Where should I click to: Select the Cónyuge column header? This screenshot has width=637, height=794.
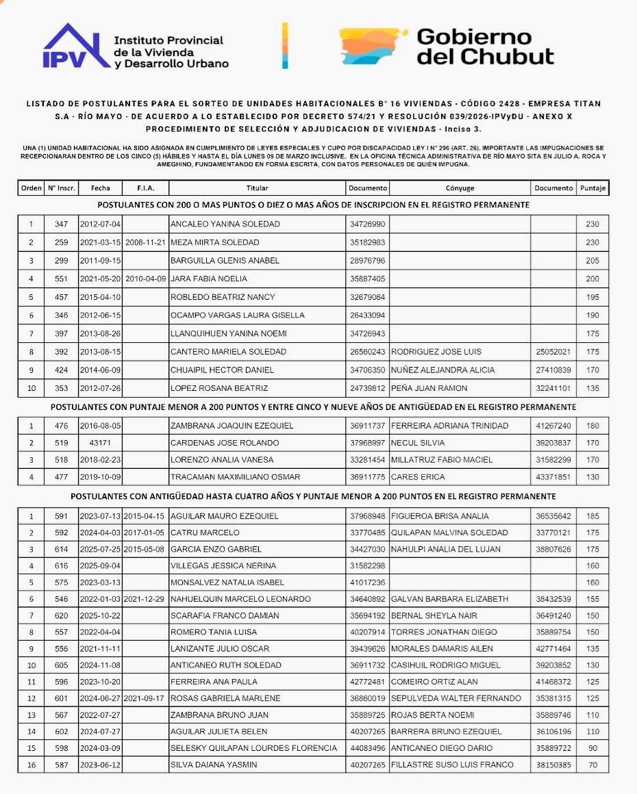[460, 188]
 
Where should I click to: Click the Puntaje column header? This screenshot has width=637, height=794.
[592, 188]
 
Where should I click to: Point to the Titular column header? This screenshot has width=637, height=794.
[257, 188]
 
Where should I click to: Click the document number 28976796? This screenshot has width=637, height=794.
[368, 261]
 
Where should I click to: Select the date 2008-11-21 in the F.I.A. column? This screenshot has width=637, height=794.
[145, 242]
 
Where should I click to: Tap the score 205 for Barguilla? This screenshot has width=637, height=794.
[592, 261]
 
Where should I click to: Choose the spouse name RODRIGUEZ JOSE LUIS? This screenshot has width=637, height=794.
[436, 352]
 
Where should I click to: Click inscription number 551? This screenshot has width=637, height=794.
[62, 279]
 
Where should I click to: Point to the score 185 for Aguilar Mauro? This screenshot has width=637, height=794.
[592, 516]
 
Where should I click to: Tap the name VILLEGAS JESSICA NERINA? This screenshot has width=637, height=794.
[223, 566]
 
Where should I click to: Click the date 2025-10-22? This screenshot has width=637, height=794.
[100, 615]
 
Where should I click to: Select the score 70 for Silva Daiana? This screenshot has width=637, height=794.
[592, 765]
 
